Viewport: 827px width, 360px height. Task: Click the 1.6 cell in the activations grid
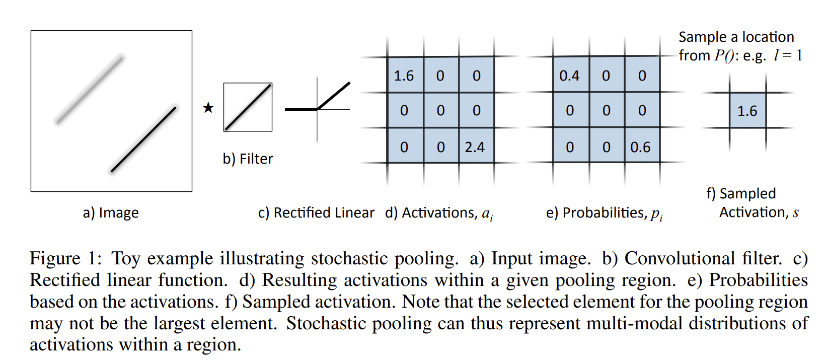click(x=404, y=76)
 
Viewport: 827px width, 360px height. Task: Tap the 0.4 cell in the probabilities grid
click(x=570, y=76)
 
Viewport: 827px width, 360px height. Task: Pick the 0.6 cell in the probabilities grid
click(x=640, y=147)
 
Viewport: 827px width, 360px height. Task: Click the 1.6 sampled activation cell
click(x=747, y=111)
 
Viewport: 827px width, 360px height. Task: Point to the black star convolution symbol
click(x=208, y=108)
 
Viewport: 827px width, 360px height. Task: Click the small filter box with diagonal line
click(x=248, y=107)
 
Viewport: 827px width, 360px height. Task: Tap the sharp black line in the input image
click(x=143, y=139)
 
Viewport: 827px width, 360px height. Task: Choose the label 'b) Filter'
click(x=248, y=159)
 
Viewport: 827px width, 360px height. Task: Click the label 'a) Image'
click(x=111, y=213)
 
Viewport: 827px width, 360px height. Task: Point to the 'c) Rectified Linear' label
click(x=316, y=213)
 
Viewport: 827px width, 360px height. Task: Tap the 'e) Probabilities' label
click(x=604, y=213)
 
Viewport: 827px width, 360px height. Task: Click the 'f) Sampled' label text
click(x=741, y=194)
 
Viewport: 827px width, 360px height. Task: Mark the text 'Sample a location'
click(x=736, y=37)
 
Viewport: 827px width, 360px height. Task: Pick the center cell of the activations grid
click(x=440, y=111)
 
